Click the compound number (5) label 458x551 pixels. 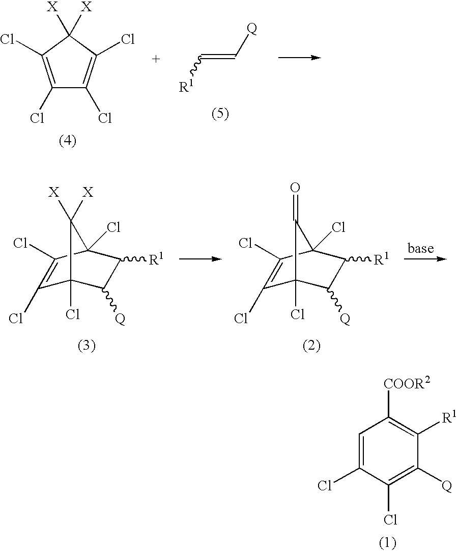pos(220,114)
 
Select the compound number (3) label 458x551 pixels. pos(87,346)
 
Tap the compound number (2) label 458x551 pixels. pos(311,346)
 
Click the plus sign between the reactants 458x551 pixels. pos(156,59)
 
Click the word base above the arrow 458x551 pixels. pos(420,248)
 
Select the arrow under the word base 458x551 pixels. pos(425,259)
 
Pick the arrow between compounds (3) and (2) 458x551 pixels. pos(201,259)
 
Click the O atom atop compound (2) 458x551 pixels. pos(295,189)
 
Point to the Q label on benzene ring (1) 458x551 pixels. pos(446,487)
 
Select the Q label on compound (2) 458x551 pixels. pos(345,320)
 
